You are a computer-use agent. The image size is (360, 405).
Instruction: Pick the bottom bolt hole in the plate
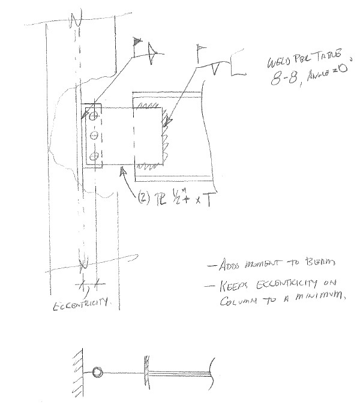92,158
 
